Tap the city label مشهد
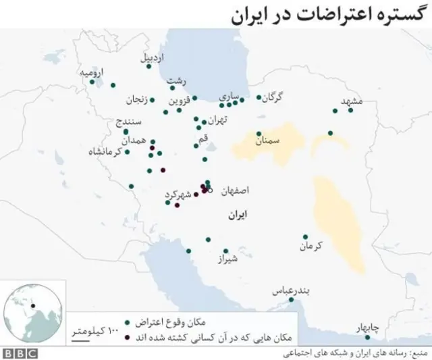[x=352, y=101]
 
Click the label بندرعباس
[x=290, y=290]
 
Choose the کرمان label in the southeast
[x=310, y=246]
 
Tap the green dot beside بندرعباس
[x=291, y=300]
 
